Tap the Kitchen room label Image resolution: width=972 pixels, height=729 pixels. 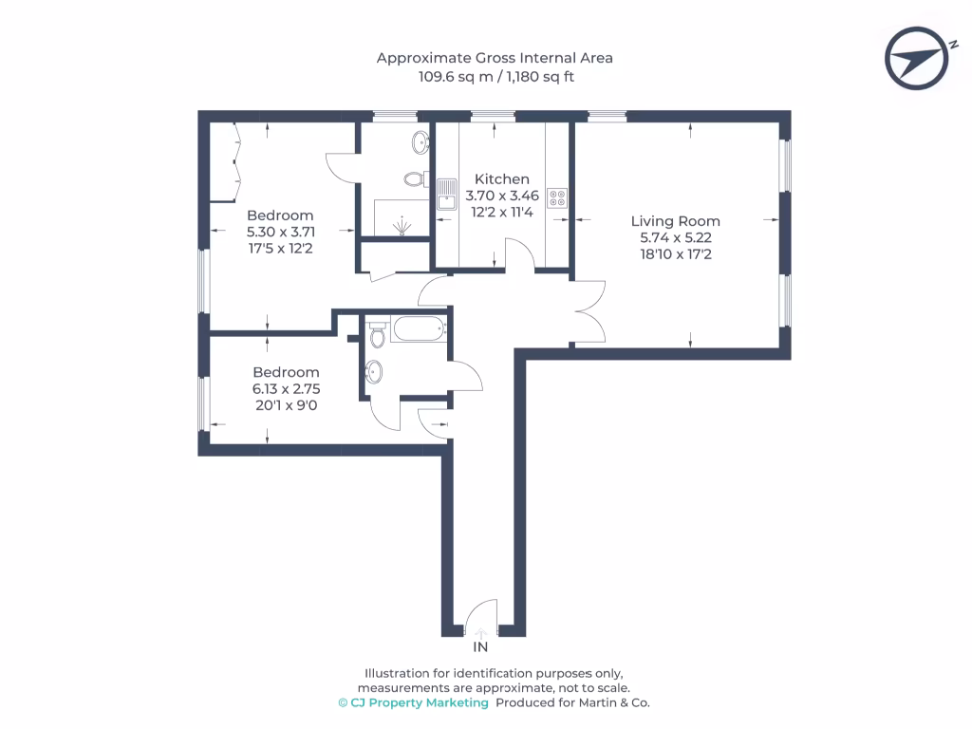502,179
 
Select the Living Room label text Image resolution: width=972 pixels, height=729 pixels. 675,221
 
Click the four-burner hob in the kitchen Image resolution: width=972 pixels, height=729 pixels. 557,198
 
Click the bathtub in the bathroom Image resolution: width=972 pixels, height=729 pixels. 418,330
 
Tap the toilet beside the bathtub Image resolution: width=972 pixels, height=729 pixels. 378,335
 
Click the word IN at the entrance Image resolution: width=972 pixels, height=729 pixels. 481,647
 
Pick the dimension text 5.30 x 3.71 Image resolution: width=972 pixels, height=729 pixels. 280,232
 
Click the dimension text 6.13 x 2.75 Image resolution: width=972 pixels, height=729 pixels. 286,388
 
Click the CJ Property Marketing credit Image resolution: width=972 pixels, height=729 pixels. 414,702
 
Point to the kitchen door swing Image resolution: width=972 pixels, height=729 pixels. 518,254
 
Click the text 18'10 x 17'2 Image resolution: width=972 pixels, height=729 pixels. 675,254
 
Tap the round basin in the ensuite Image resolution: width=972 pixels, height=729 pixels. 419,142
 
